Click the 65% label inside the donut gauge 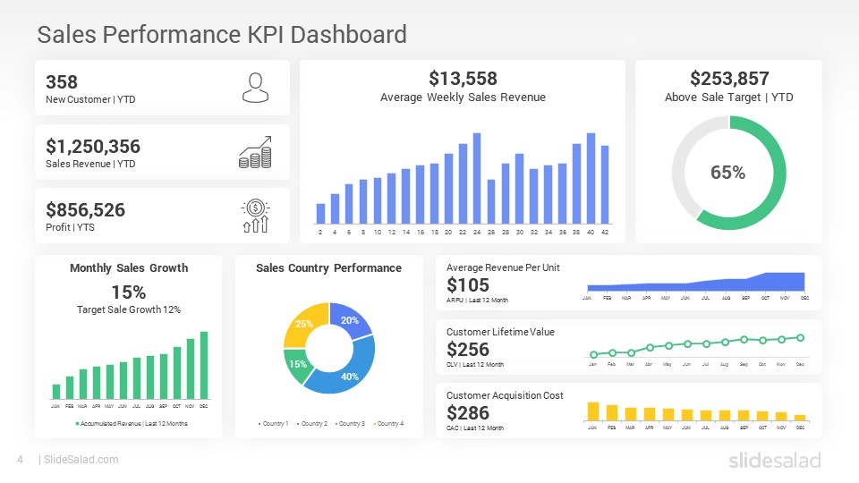(x=727, y=173)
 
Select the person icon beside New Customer (x=255, y=88)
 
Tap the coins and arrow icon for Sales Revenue (x=255, y=152)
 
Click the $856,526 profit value (x=85, y=210)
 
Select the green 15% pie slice (x=296, y=362)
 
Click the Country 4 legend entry (x=388, y=423)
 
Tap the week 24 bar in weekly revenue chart (x=477, y=178)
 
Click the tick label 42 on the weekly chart (x=605, y=233)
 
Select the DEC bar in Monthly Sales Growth (x=204, y=365)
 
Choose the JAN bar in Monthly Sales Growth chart (x=56, y=391)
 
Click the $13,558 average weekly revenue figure (x=463, y=79)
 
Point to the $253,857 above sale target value (x=729, y=79)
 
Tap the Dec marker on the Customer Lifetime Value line (x=800, y=338)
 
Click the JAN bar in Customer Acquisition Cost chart (x=592, y=411)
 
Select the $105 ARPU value (x=468, y=285)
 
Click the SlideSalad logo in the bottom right (x=774, y=460)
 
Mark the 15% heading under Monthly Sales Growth (x=129, y=292)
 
